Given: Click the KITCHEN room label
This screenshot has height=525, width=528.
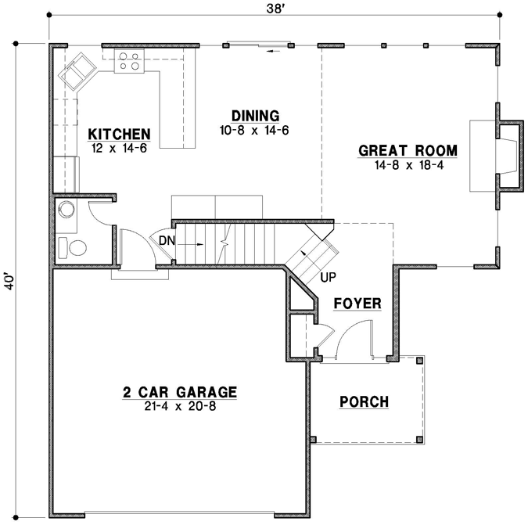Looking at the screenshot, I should (118, 133).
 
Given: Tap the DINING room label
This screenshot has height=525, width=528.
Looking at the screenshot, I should (255, 116).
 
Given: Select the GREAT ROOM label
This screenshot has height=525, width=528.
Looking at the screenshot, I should (408, 151).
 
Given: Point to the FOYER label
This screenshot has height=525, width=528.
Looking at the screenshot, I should (357, 303).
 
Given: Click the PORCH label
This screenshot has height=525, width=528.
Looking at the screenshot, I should (364, 402).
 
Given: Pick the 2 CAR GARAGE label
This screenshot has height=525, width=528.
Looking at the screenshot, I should (179, 392).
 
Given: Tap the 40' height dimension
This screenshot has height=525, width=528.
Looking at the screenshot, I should (10, 282).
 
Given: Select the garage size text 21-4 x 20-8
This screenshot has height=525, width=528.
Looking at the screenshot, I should (180, 407).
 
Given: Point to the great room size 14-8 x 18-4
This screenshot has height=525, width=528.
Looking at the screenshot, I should (408, 165).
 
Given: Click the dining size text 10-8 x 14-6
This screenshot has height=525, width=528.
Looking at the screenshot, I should (255, 130).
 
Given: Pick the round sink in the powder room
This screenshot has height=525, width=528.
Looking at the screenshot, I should (67, 210).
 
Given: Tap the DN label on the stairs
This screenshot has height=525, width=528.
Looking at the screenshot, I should (167, 240).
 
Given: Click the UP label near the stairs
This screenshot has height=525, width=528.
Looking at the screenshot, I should (327, 277).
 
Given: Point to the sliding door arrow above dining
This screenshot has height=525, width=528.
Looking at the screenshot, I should (271, 52).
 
